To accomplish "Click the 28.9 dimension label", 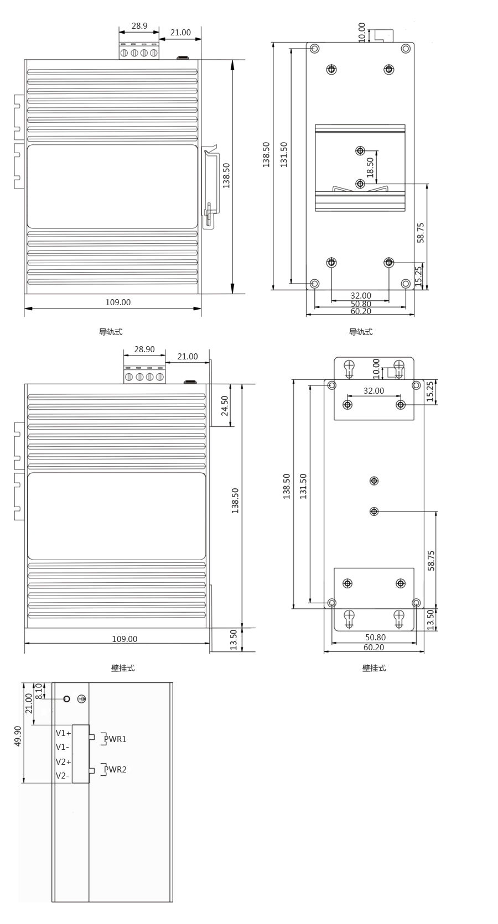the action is [139, 25].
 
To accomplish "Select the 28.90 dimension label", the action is [144, 349].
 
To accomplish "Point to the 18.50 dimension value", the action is [370, 168].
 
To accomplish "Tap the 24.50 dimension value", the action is [224, 405].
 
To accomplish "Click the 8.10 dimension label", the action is [39, 691].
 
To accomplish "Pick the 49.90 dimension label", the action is [18, 737].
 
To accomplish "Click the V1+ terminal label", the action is [63, 733].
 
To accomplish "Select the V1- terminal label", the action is [63, 747].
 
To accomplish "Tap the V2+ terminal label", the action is [63, 761].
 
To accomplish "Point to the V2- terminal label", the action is [63, 775].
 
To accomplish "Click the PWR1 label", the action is [115, 739].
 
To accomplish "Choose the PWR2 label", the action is [115, 769].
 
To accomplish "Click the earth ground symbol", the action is [82, 699].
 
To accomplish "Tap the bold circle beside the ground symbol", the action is [67, 699].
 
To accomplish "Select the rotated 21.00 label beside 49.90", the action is [28, 703].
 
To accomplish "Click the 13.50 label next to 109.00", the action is [234, 639].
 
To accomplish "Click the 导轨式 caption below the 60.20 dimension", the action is [360, 332].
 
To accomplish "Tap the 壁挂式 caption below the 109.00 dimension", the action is [123, 668].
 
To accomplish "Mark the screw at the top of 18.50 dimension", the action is [360, 150].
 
